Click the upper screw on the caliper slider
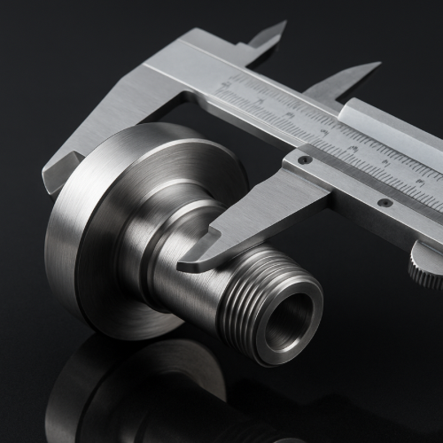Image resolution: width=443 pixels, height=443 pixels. pos(305,159)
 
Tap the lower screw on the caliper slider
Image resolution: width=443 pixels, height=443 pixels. pos(385,202)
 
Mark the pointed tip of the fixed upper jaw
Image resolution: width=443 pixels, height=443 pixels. pos(282,25)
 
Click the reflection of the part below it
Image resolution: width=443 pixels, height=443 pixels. pos(133,390)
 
